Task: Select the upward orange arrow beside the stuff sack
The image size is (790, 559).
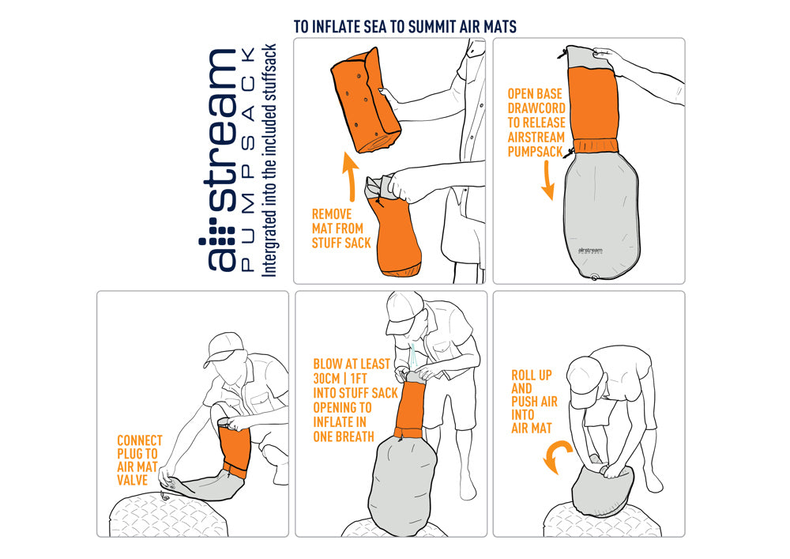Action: [350, 176]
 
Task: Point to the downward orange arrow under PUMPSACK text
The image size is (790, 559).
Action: [548, 180]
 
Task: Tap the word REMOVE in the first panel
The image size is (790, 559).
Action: [332, 213]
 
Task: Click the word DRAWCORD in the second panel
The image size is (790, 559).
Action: [536, 108]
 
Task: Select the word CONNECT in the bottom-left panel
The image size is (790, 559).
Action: [140, 440]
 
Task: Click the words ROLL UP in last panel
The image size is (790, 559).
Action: [532, 375]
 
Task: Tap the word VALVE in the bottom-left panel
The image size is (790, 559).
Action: [132, 480]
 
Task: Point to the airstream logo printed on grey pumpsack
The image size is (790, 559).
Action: [590, 250]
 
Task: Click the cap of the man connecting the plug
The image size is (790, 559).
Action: [224, 348]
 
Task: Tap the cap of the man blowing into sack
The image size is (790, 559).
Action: [404, 308]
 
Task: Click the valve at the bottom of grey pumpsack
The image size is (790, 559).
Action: [595, 277]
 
